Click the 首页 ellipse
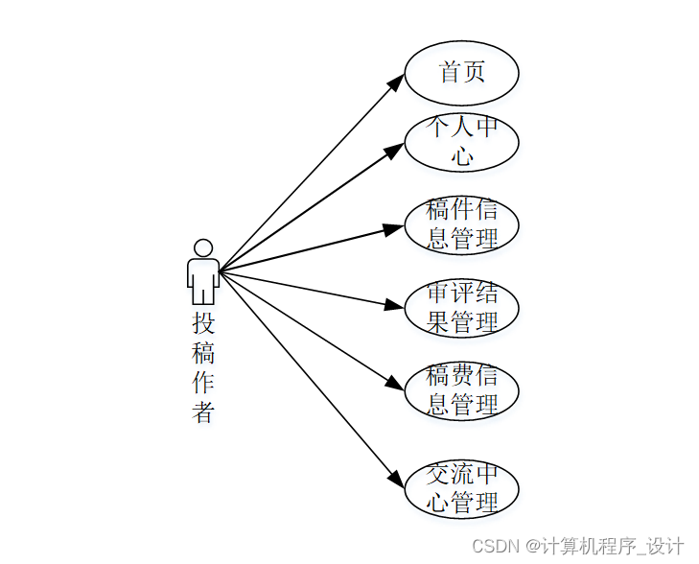pyautogui.click(x=461, y=72)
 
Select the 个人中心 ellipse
pyautogui.click(x=461, y=142)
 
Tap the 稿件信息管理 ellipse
pyautogui.click(x=461, y=225)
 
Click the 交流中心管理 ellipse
pyautogui.click(x=461, y=489)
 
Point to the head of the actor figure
pyautogui.click(x=202, y=247)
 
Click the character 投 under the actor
pyautogui.click(x=202, y=321)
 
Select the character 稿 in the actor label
pyautogui.click(x=202, y=352)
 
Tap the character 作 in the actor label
pyautogui.click(x=202, y=383)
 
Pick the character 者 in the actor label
pyautogui.click(x=202, y=413)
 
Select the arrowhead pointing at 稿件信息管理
pyautogui.click(x=394, y=229)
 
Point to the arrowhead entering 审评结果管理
pyautogui.click(x=394, y=306)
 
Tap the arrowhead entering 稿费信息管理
pyautogui.click(x=394, y=383)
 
